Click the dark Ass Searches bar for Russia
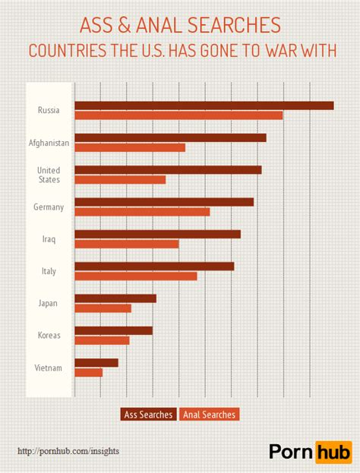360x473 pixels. pos(204,106)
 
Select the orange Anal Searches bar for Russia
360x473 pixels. pos(178,115)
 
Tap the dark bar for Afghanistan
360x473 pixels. pos(170,137)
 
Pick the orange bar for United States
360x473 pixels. pos(120,180)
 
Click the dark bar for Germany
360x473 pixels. pos(164,202)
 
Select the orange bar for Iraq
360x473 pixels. pos(126,244)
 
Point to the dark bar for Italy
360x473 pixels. pos(154,266)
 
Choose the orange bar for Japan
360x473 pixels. pos(103,308)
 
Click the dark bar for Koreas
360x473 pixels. pos(113,330)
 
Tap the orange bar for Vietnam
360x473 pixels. pos(88,372)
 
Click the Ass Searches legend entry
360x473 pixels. pos(148,415)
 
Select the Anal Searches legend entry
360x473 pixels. pos(209,415)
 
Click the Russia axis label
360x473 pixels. pos(49,111)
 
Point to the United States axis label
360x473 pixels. pos(49,175)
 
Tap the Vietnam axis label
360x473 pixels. pos(49,368)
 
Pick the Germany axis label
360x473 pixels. pos(49,207)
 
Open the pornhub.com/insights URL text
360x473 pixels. pos(68,451)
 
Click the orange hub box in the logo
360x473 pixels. pos(334,451)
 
